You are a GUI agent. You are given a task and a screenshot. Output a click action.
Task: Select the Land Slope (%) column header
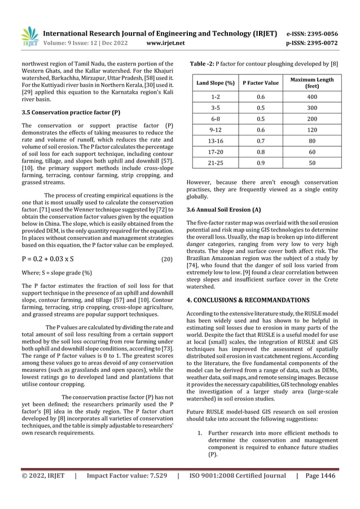216,83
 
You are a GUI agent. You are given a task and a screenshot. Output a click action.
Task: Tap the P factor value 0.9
261,162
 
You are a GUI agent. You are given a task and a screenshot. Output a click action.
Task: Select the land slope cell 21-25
216,162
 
